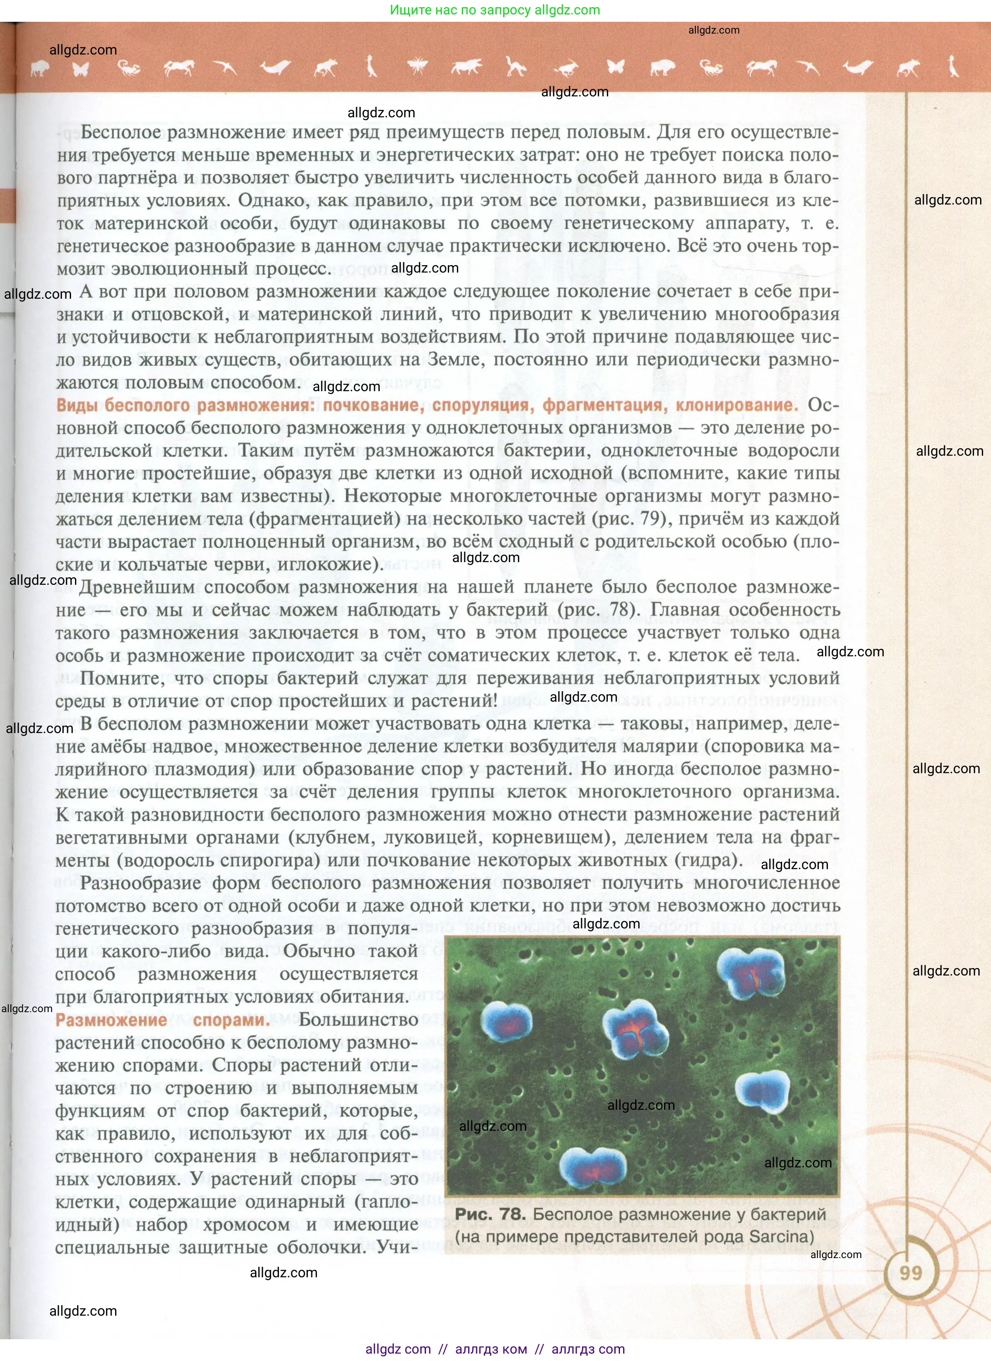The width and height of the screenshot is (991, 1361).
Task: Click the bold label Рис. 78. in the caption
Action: [489, 1214]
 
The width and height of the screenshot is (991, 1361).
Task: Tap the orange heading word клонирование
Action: [737, 405]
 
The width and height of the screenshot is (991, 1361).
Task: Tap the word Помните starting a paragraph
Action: [123, 678]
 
